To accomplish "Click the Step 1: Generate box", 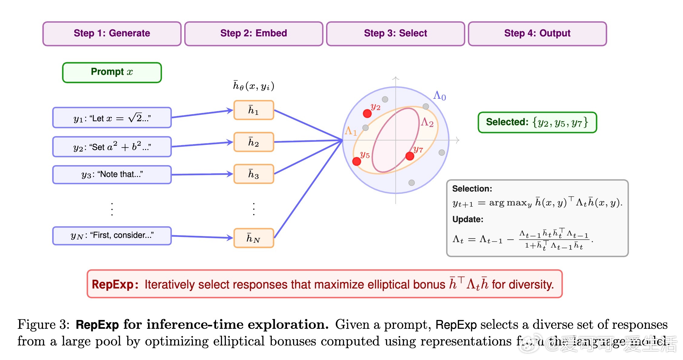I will coord(112,34).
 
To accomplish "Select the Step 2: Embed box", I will coord(254,34).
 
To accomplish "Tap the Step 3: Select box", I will coord(395,34).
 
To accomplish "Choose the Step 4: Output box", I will coord(537,34).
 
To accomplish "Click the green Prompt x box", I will coord(112,72).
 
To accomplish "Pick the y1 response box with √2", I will coord(112,118).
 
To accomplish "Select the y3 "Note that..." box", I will coord(112,175).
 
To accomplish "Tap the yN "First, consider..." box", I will coord(112,235).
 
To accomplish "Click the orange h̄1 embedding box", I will coord(254,110).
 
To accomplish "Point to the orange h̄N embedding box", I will coord(254,238).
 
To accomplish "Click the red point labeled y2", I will coord(367,114).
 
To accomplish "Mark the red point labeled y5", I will coord(357,161).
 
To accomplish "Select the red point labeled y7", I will coord(410,156).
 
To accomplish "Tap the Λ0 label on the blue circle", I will coord(439,95).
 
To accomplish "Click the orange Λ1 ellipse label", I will coord(351,131).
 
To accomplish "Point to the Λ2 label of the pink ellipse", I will coord(427,122).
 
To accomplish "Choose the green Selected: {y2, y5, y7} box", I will coord(537,122).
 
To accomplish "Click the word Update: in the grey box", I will coord(468,219).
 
